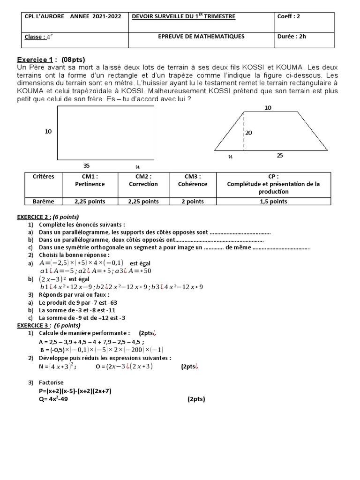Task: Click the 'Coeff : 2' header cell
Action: [289, 16]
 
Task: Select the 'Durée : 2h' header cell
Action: [292, 37]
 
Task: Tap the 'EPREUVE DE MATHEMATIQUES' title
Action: [201, 37]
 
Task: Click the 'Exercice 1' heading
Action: [35, 60]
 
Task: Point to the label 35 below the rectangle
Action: [86, 165]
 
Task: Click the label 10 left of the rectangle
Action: [48, 132]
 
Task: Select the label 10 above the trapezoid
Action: [268, 108]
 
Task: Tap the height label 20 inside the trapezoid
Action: [248, 133]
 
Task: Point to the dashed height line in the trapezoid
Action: [243, 132]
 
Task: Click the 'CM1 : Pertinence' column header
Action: [90, 180]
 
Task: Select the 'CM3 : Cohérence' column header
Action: [192, 180]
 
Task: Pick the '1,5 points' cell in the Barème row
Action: [272, 202]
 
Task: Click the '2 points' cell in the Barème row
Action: [192, 202]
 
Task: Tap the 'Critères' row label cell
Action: [44, 177]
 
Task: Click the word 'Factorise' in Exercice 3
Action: [52, 383]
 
